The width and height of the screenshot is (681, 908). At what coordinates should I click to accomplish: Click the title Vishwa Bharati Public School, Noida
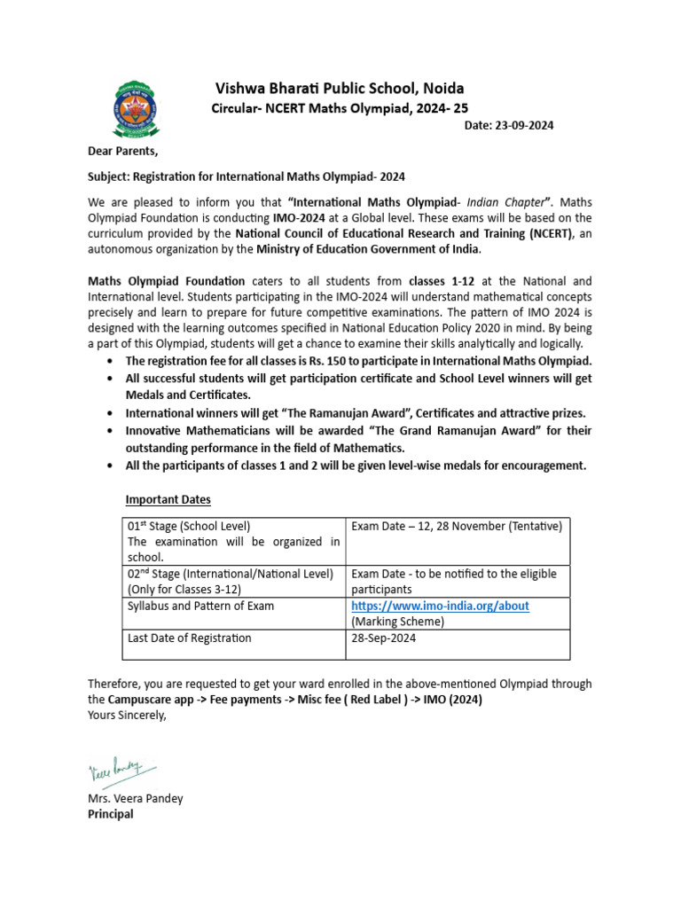click(340, 89)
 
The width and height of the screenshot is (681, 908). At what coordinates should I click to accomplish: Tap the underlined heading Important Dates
click(168, 499)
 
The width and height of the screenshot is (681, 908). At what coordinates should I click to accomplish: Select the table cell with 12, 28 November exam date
click(457, 527)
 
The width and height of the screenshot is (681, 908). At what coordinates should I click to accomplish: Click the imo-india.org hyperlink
click(440, 606)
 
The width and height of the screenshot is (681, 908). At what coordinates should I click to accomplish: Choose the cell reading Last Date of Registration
click(190, 638)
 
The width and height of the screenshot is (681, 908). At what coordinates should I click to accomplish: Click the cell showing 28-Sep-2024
click(383, 638)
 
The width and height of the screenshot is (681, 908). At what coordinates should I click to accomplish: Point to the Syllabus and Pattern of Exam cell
click(201, 606)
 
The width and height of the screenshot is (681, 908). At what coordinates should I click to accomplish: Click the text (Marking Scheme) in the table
click(397, 622)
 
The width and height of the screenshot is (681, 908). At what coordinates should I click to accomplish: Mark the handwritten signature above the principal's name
click(121, 769)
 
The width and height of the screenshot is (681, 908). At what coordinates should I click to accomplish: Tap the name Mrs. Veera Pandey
click(135, 798)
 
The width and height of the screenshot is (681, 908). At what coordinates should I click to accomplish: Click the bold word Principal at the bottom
click(110, 814)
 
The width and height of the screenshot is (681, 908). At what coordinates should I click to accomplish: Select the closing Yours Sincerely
click(127, 716)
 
